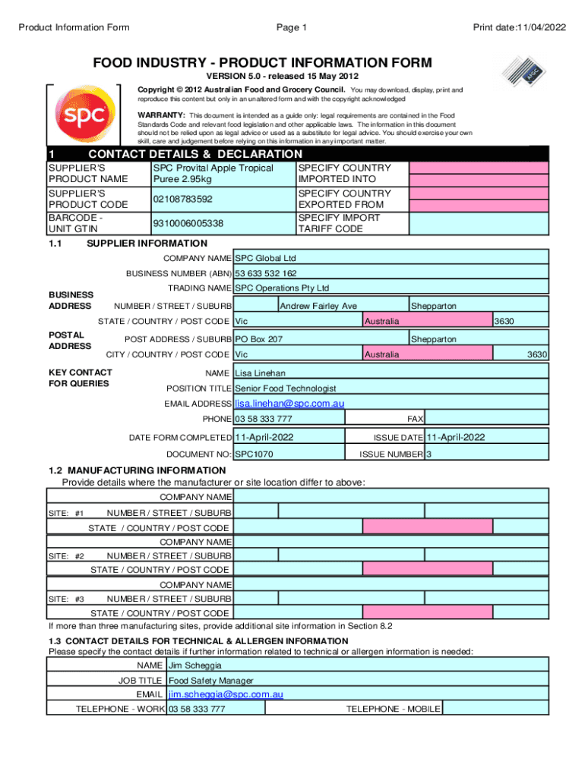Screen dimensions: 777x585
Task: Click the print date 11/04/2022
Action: (520, 28)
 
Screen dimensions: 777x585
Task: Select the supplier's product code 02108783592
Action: (182, 200)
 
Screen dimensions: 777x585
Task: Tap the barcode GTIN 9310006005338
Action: (188, 223)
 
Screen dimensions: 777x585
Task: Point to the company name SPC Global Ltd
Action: (265, 259)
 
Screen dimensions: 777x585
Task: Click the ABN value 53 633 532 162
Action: (266, 273)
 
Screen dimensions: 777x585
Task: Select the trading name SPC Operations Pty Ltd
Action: (282, 288)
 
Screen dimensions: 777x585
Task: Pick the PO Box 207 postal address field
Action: (259, 339)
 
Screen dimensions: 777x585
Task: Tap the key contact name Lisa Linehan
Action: (260, 373)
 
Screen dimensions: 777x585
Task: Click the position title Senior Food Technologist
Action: (286, 388)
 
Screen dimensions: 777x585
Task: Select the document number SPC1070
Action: (254, 455)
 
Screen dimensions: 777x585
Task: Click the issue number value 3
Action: (429, 455)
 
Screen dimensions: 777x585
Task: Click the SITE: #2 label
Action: (66, 556)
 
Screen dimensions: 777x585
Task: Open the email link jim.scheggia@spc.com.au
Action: (226, 694)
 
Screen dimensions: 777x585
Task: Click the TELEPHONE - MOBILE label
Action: (393, 709)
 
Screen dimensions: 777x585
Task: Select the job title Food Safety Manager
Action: (211, 681)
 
